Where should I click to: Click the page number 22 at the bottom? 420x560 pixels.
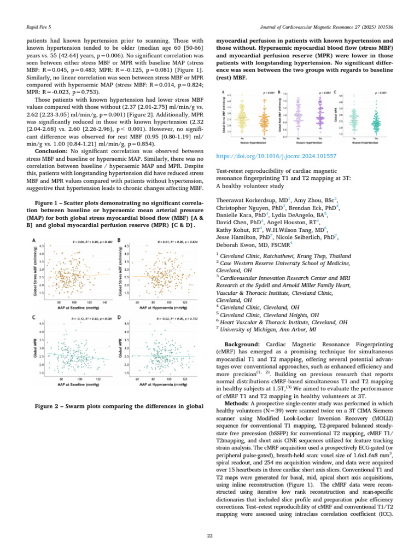pyautogui.click(x=209, y=535)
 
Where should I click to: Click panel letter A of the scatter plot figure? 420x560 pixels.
pyautogui.click(x=34, y=241)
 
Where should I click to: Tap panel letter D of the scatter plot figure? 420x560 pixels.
pyautogui.click(x=119, y=317)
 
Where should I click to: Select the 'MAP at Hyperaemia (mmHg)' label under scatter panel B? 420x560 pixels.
pyautogui.click(x=162, y=307)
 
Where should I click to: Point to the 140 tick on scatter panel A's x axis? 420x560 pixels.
pyautogui.click(x=104, y=301)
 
